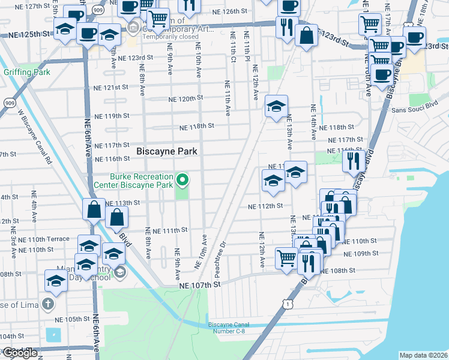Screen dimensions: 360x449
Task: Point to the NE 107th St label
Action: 200,286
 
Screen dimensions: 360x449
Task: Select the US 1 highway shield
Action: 289,305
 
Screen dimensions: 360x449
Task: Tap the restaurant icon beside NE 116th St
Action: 352,160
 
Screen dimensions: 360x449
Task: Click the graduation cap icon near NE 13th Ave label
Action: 295,172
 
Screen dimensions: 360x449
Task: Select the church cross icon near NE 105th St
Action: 48,304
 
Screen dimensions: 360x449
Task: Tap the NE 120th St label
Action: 186,98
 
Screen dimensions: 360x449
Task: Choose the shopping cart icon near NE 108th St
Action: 286,257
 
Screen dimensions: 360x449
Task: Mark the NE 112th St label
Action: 265,206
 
